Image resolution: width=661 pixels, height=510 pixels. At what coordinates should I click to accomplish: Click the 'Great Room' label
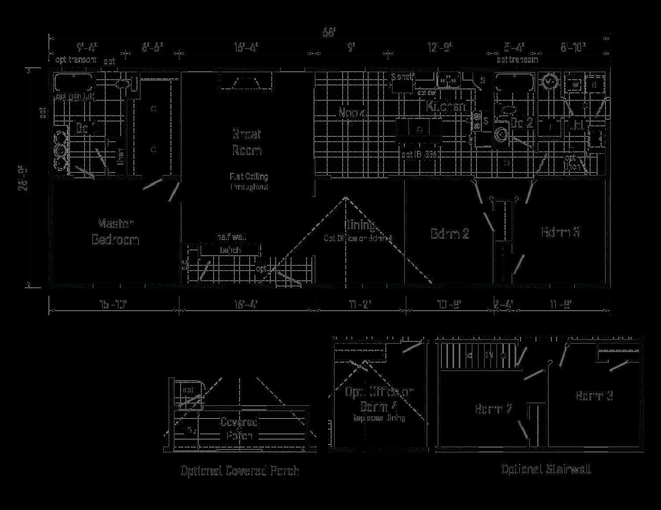click(x=247, y=142)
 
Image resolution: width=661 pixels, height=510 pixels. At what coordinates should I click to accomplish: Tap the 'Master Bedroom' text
click(x=115, y=231)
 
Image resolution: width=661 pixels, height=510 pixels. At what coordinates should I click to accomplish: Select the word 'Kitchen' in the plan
click(x=446, y=106)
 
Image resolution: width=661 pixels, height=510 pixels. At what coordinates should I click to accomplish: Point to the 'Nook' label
click(x=351, y=113)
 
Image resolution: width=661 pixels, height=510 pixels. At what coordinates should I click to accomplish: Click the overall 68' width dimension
click(x=329, y=32)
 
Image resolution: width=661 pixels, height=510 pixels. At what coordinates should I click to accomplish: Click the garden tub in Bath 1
click(x=73, y=82)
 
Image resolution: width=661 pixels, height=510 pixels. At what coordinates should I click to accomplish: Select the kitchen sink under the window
click(x=448, y=81)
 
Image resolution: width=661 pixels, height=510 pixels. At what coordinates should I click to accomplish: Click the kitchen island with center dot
click(x=420, y=129)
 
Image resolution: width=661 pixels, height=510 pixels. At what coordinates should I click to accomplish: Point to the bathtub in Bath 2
click(x=514, y=82)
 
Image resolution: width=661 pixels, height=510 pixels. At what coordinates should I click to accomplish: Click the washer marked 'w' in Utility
click(x=575, y=84)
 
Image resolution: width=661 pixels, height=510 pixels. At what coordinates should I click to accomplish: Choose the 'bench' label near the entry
click(x=230, y=250)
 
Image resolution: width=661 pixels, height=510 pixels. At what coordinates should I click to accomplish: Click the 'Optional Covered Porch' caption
click(x=240, y=471)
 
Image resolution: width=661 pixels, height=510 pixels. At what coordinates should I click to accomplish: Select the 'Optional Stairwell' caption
click(x=546, y=469)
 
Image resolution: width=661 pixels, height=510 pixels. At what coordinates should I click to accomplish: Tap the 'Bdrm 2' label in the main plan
click(x=450, y=233)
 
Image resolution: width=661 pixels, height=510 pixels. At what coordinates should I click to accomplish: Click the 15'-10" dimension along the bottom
click(x=113, y=304)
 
